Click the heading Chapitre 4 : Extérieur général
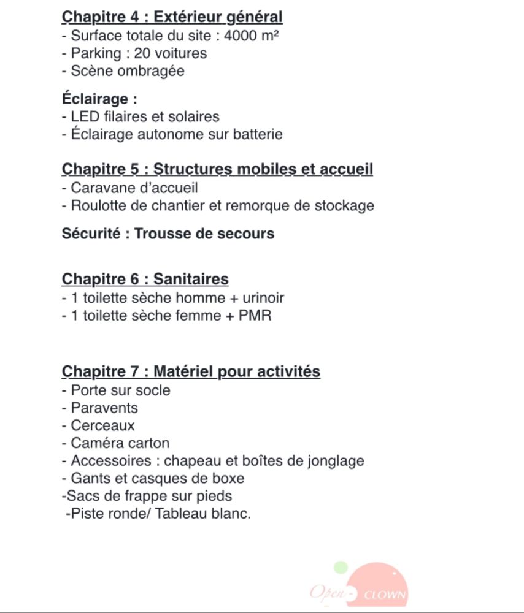click(172, 17)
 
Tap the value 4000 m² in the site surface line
click(252, 36)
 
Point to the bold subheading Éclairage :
click(99, 98)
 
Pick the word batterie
click(258, 134)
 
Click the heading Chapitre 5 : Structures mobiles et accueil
click(217, 169)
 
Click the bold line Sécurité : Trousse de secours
click(168, 234)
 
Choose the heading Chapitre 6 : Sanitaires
click(145, 280)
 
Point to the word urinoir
click(263, 298)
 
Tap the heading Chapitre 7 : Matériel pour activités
click(191, 371)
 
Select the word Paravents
click(104, 408)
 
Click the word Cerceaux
click(102, 425)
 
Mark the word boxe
click(228, 478)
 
